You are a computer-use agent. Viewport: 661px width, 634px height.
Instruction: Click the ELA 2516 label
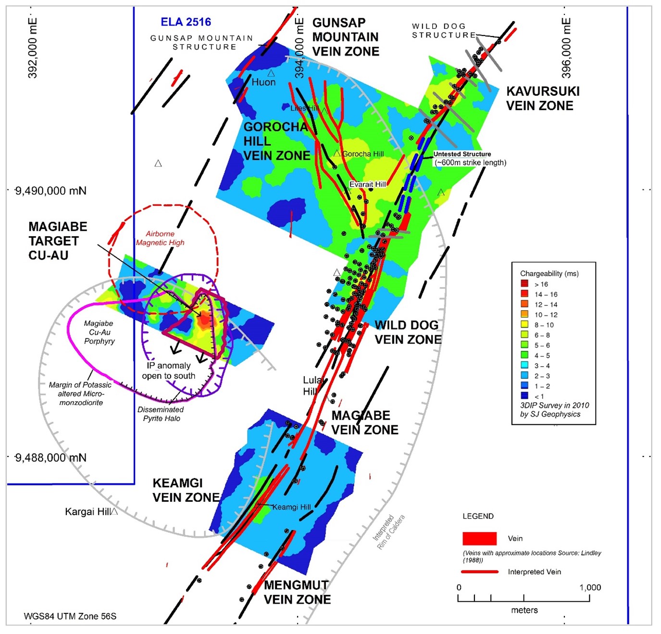(186, 22)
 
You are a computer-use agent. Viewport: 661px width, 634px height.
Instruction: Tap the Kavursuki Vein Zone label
(542, 99)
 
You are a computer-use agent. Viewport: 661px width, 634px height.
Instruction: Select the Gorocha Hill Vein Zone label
(276, 141)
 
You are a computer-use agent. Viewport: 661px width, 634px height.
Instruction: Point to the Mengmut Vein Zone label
(297, 592)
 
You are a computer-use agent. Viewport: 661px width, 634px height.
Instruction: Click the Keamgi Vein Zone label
(186, 490)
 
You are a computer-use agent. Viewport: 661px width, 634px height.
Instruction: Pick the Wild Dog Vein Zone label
(408, 332)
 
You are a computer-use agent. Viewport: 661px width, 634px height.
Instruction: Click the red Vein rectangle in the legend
(479, 538)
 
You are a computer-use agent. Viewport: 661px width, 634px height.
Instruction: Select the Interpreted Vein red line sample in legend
(479, 572)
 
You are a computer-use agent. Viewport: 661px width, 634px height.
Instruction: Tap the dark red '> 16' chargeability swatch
(524, 284)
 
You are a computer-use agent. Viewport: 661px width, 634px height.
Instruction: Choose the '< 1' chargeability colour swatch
(524, 396)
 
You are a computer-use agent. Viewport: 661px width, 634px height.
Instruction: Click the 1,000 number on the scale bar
(590, 587)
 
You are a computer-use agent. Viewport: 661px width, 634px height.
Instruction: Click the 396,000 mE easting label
(566, 48)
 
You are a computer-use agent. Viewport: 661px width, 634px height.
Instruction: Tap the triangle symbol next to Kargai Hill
(114, 511)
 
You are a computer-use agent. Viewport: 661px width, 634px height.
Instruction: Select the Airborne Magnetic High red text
(160, 238)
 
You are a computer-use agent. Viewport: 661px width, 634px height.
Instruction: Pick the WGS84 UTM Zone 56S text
(70, 616)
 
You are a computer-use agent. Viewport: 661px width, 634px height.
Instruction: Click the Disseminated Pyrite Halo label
(161, 414)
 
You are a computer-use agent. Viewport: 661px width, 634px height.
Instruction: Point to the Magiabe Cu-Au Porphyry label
(99, 332)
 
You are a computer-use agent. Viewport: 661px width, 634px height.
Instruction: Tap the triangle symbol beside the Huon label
(271, 73)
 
